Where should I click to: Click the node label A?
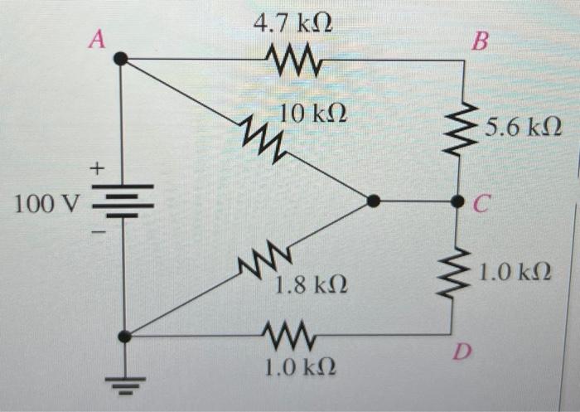point(96,39)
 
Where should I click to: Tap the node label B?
point(479,41)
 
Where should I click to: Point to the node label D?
point(462,354)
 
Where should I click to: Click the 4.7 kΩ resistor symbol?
point(289,59)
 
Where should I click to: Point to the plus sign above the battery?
point(97,170)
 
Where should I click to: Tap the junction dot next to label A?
point(121,58)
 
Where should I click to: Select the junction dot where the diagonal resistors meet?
point(374,201)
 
